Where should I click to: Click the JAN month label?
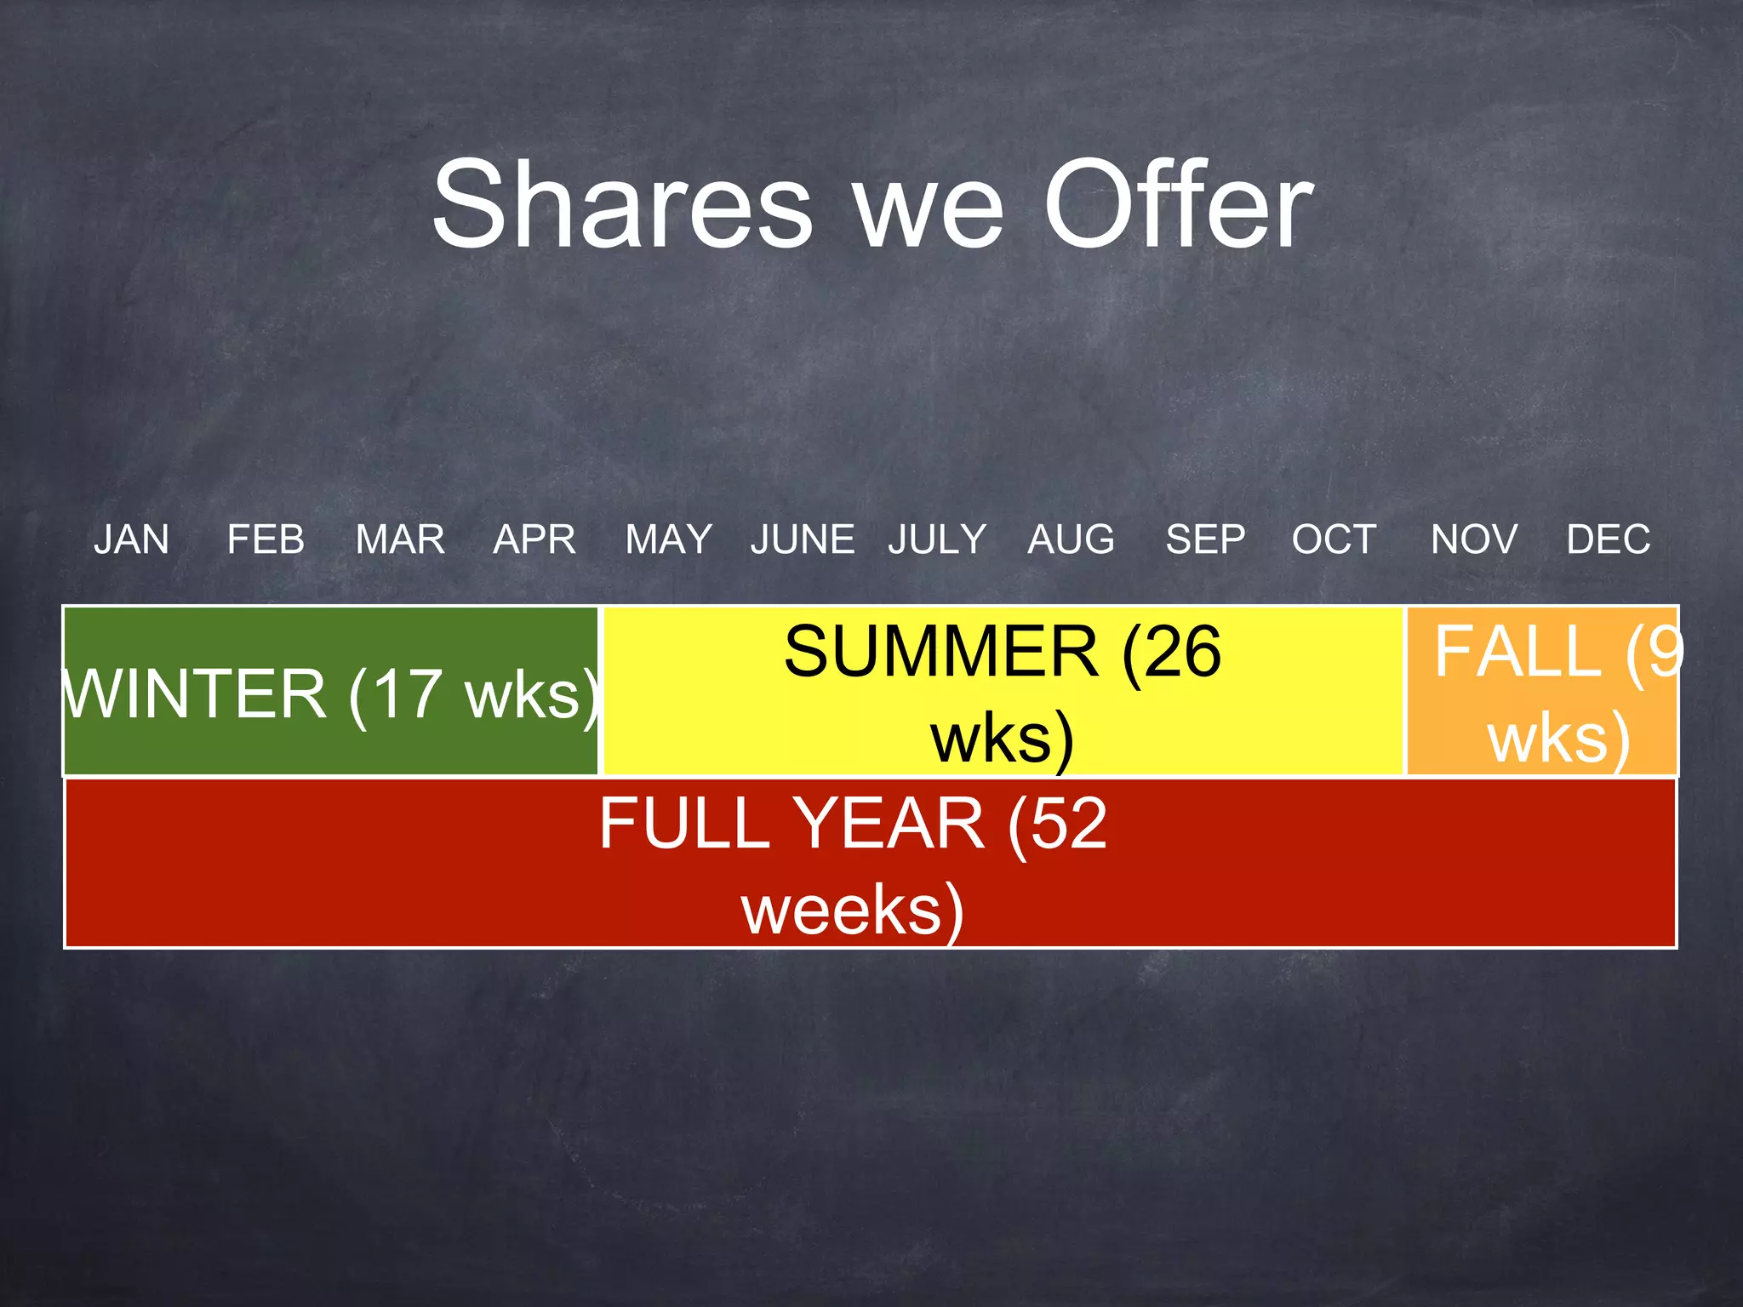click(132, 539)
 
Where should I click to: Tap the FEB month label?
click(266, 539)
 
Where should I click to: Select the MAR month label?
click(400, 539)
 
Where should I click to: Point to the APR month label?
click(534, 539)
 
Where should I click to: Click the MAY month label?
click(669, 539)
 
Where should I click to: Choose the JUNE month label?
click(803, 539)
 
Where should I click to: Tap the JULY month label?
click(937, 539)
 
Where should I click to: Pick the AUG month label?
click(1071, 539)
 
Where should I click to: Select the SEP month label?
click(1205, 539)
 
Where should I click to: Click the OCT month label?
click(1334, 539)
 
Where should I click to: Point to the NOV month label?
click(1474, 539)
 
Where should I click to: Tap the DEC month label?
click(1609, 539)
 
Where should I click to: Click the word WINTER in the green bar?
click(196, 694)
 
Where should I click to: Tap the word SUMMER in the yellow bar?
click(940, 652)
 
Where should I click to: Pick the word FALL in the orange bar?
click(1517, 652)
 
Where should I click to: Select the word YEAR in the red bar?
click(889, 824)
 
